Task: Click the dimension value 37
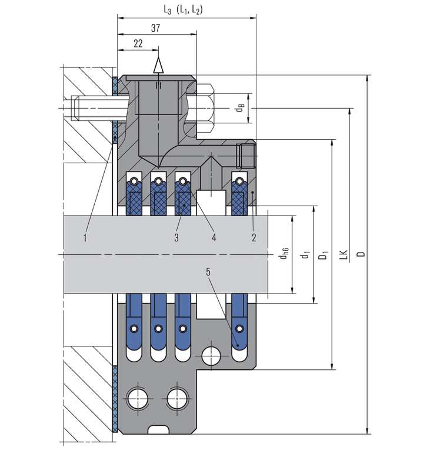pyautogui.click(x=156, y=28)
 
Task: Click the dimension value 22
pyautogui.click(x=138, y=44)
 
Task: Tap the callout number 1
pyautogui.click(x=85, y=238)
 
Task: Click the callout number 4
pyautogui.click(x=214, y=238)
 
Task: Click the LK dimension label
pyautogui.click(x=343, y=254)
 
